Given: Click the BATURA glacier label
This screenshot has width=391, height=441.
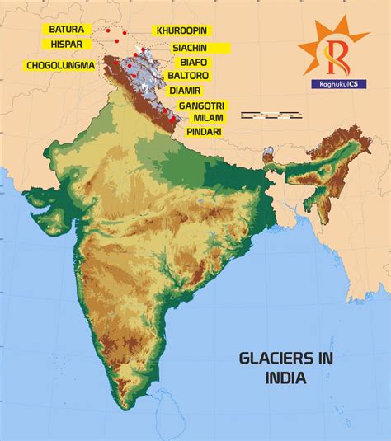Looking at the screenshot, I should click(x=67, y=29).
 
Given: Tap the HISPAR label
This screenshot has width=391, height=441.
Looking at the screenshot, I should click(x=65, y=44).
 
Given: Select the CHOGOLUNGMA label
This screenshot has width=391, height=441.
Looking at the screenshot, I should click(x=60, y=64).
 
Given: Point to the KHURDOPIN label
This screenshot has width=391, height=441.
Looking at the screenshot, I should click(x=183, y=30).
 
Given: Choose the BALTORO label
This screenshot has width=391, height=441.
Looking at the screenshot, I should click(x=188, y=75).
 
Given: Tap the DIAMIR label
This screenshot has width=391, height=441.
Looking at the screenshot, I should click(x=185, y=89).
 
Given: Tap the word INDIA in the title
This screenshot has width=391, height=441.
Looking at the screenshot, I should click(x=285, y=379).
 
